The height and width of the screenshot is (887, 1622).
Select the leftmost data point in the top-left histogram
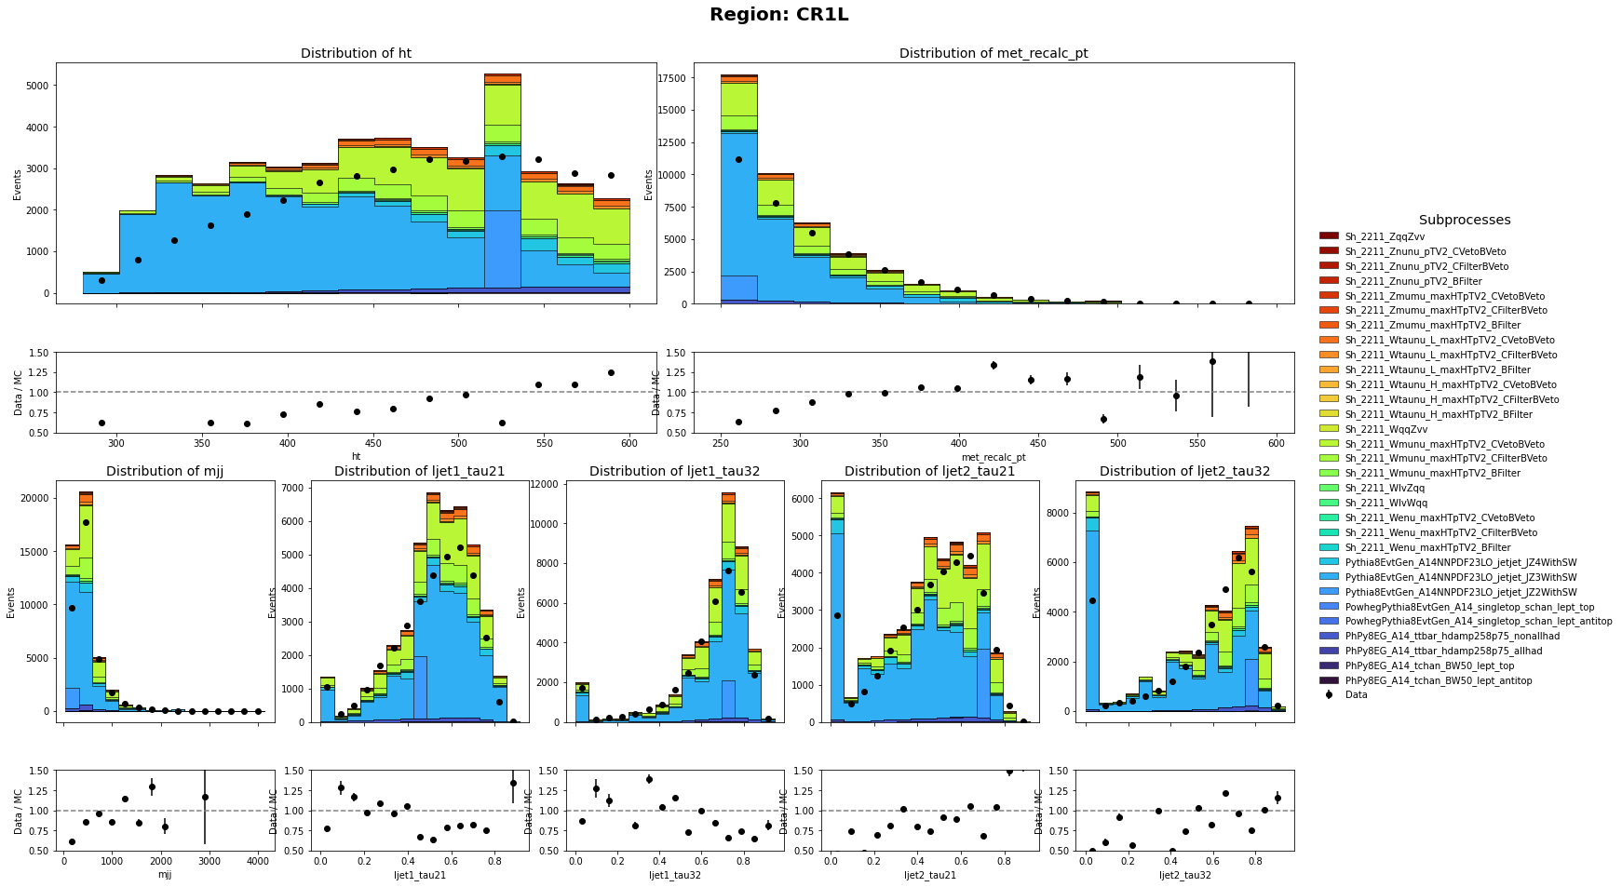101,280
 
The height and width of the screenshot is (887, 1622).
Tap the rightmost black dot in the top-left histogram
611,175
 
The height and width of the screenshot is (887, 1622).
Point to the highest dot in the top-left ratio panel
611,372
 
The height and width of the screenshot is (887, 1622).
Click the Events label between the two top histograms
649,184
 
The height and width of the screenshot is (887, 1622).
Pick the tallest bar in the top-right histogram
738,186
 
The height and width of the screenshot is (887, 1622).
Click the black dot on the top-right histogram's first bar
738,159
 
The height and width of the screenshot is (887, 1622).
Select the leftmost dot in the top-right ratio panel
738,422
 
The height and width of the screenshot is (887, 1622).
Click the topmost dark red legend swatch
1329,235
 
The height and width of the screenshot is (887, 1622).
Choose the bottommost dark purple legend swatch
1329,680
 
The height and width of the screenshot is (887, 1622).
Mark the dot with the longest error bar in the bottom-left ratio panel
205,797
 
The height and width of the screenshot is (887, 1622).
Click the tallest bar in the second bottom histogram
433,605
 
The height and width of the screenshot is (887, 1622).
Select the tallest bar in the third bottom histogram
728,605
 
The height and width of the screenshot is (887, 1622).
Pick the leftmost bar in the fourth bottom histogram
837,605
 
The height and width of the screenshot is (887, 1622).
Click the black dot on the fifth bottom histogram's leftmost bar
1092,600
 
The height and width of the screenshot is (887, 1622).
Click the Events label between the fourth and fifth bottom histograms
1036,602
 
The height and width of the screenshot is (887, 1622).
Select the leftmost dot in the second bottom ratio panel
327,828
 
